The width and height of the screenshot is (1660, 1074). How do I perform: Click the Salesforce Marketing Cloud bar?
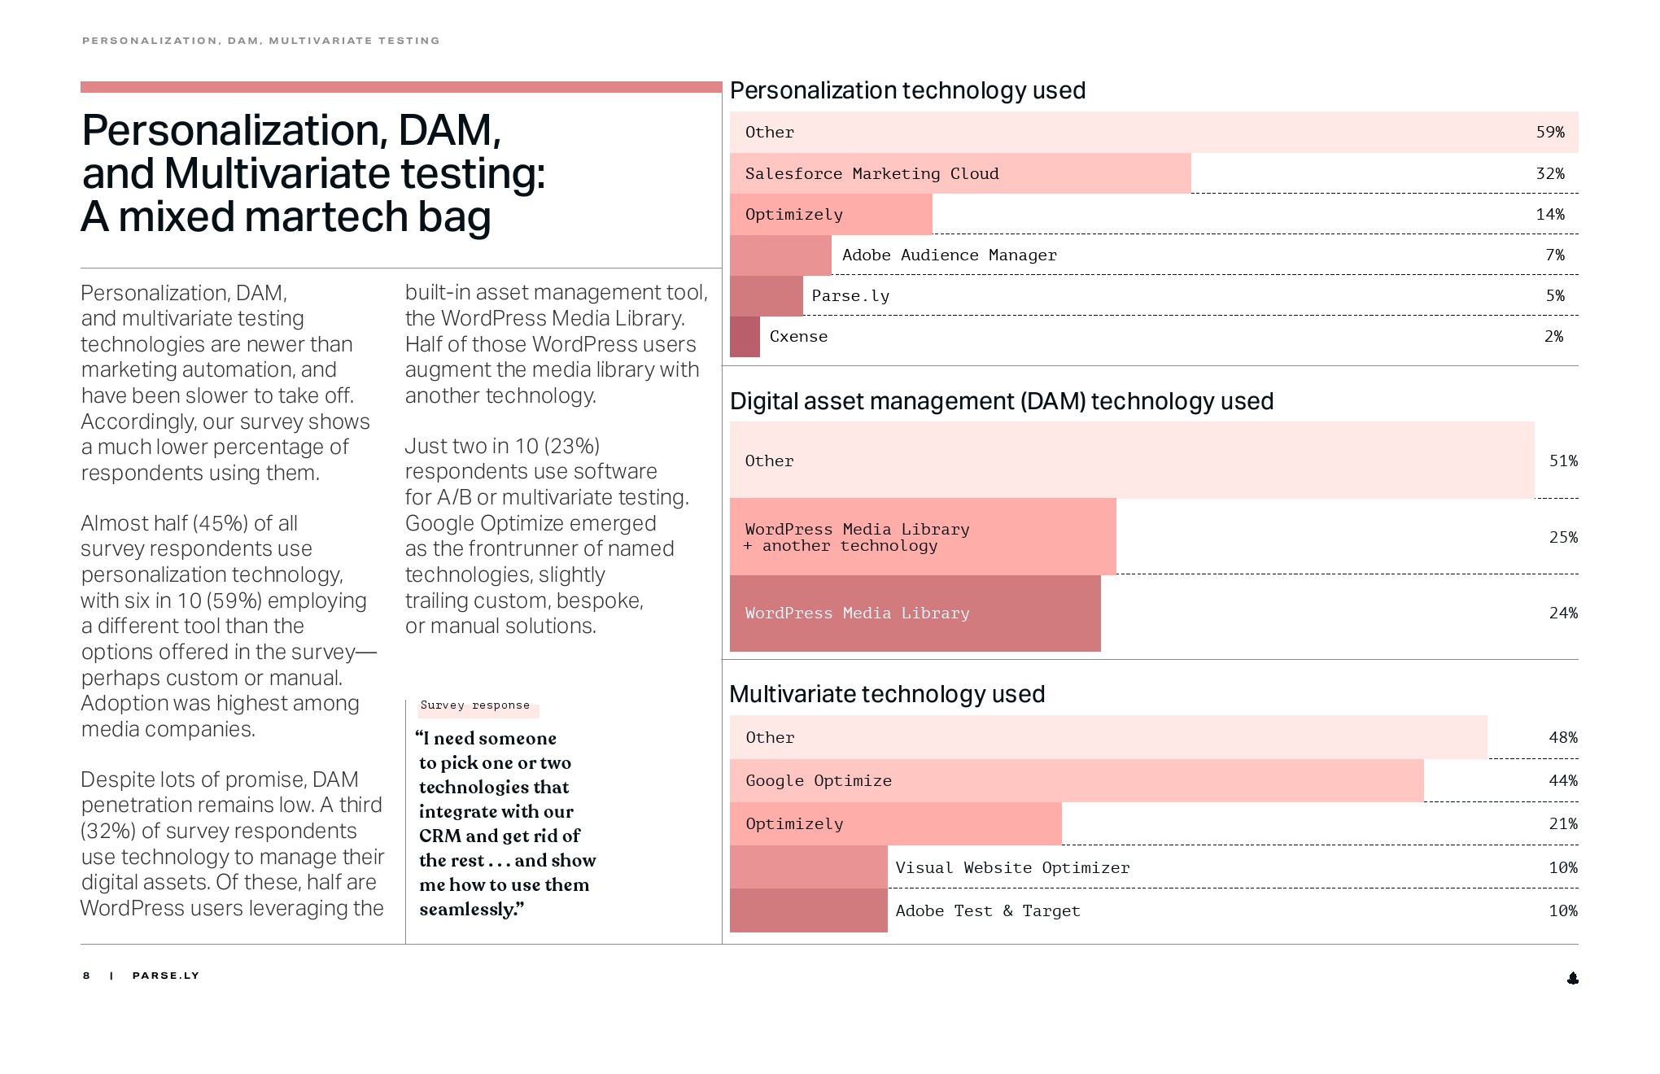pos(960,173)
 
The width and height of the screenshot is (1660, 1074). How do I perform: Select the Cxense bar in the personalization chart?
pos(745,337)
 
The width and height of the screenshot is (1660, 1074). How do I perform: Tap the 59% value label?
pos(1549,133)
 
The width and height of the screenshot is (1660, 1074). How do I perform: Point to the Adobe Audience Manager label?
pos(949,255)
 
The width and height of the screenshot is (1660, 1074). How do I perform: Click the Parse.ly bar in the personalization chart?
pos(766,296)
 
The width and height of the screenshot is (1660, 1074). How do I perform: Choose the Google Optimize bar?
pos(1076,781)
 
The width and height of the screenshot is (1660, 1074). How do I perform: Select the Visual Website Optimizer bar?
pos(808,867)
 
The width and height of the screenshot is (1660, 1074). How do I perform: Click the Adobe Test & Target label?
pos(987,911)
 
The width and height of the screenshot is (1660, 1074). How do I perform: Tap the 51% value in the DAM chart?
pos(1562,461)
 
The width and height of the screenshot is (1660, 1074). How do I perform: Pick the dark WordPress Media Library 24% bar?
pos(915,613)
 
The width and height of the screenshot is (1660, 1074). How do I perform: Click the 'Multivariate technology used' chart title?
pos(887,694)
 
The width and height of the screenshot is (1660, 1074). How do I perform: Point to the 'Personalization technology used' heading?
pos(907,90)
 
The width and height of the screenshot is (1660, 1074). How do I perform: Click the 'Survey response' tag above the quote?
pos(475,705)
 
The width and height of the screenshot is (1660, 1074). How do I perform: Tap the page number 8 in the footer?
pos(86,976)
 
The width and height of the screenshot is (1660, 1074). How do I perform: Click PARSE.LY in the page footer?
pos(165,976)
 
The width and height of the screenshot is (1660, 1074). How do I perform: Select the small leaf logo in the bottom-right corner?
pos(1572,978)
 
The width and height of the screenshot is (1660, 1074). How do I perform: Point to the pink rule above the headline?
pos(401,87)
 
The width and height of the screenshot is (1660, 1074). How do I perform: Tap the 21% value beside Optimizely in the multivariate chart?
pos(1562,824)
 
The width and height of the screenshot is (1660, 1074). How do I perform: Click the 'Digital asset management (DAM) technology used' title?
pos(1001,401)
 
